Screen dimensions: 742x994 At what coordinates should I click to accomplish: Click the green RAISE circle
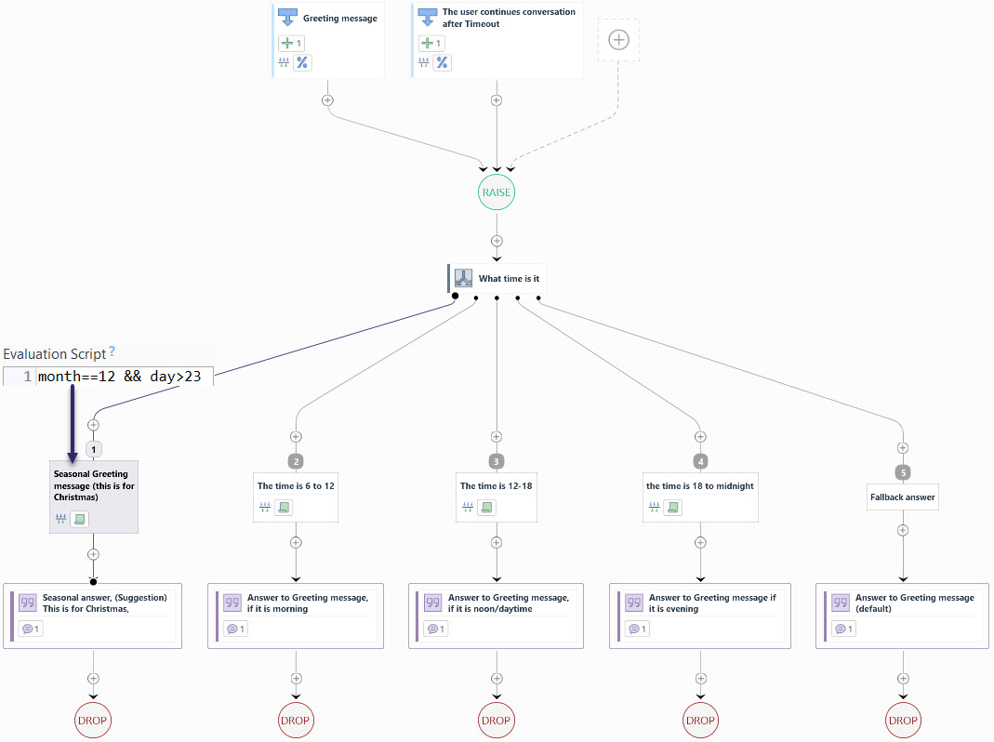click(x=497, y=192)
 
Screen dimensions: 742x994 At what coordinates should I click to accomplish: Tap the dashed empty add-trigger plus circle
click(x=618, y=40)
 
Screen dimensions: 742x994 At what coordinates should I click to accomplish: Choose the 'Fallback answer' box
click(x=902, y=497)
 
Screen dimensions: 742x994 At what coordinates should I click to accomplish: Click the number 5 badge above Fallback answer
click(x=902, y=472)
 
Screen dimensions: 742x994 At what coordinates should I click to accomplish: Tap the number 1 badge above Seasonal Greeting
click(x=94, y=449)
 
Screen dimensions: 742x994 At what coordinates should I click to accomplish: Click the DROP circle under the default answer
click(x=902, y=720)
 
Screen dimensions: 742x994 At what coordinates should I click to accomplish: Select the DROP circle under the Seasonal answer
click(x=93, y=720)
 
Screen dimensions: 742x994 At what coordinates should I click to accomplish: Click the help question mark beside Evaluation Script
click(x=113, y=351)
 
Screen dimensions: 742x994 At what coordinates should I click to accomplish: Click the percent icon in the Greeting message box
click(x=302, y=63)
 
